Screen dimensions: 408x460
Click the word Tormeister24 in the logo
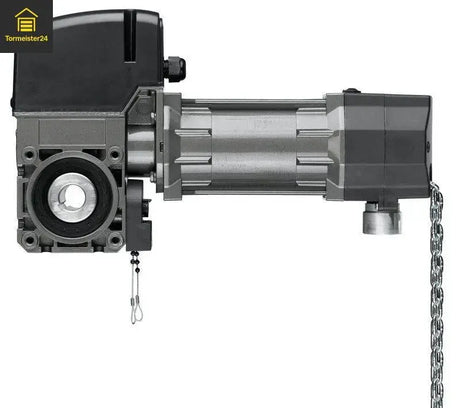26,39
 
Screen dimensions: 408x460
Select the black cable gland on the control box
175,68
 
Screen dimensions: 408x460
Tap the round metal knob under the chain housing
382,216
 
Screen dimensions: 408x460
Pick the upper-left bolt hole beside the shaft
30,155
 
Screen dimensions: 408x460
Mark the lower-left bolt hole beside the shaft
30,240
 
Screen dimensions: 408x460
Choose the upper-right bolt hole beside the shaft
115,155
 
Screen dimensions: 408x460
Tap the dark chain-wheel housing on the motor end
385,145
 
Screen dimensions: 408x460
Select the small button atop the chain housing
351,91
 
